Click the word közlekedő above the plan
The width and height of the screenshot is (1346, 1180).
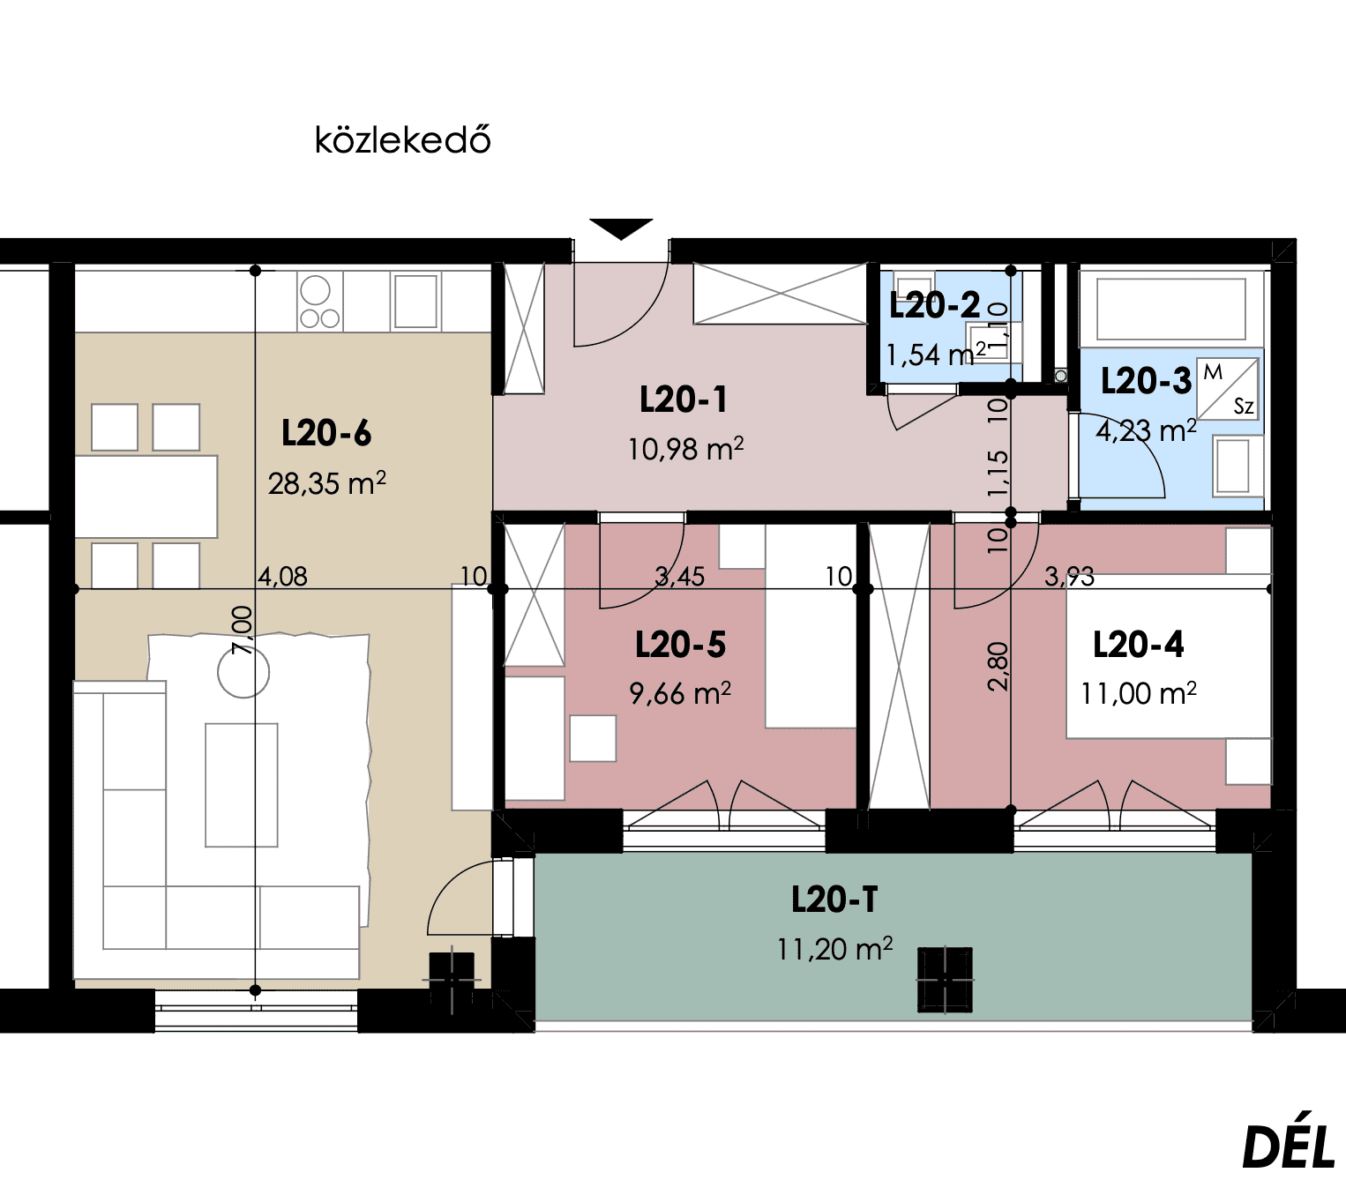pos(402,139)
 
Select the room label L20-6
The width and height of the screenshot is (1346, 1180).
pos(326,433)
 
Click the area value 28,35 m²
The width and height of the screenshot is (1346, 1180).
pos(327,483)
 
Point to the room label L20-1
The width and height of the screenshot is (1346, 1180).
pos(684,400)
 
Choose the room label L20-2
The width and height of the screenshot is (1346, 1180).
pos(935,306)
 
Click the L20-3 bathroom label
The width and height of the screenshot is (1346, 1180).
pos(1146,381)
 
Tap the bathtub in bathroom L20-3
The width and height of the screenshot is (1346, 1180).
pos(1171,309)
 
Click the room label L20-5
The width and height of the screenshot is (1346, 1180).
pos(680,646)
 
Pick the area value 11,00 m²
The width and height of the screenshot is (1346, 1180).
pos(1139,694)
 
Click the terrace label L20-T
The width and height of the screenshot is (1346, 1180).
pos(834,900)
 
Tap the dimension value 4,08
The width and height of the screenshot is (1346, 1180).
pos(282,577)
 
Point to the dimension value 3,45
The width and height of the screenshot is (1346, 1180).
pos(679,577)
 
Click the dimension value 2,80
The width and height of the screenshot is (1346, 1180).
pos(998,667)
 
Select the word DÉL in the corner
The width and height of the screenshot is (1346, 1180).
pos(1288,1147)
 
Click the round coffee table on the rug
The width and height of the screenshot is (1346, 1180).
pos(243,672)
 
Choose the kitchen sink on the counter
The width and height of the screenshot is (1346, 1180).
pos(416,301)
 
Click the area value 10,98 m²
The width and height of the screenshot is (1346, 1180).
pos(685,449)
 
